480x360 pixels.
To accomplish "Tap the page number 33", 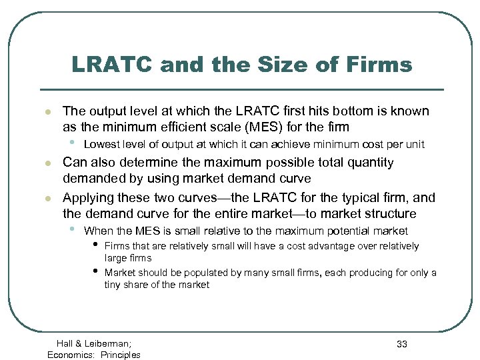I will point(401,344).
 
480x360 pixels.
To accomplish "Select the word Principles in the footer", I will point(121,355).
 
